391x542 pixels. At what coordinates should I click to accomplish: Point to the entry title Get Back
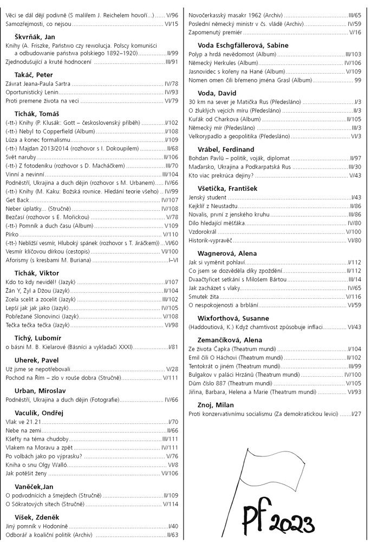coord(17,200)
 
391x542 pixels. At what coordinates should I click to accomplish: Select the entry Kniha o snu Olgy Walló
coord(39,464)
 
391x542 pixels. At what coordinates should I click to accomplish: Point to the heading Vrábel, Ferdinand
coord(226,149)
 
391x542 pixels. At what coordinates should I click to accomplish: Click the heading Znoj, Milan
coord(215,405)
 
